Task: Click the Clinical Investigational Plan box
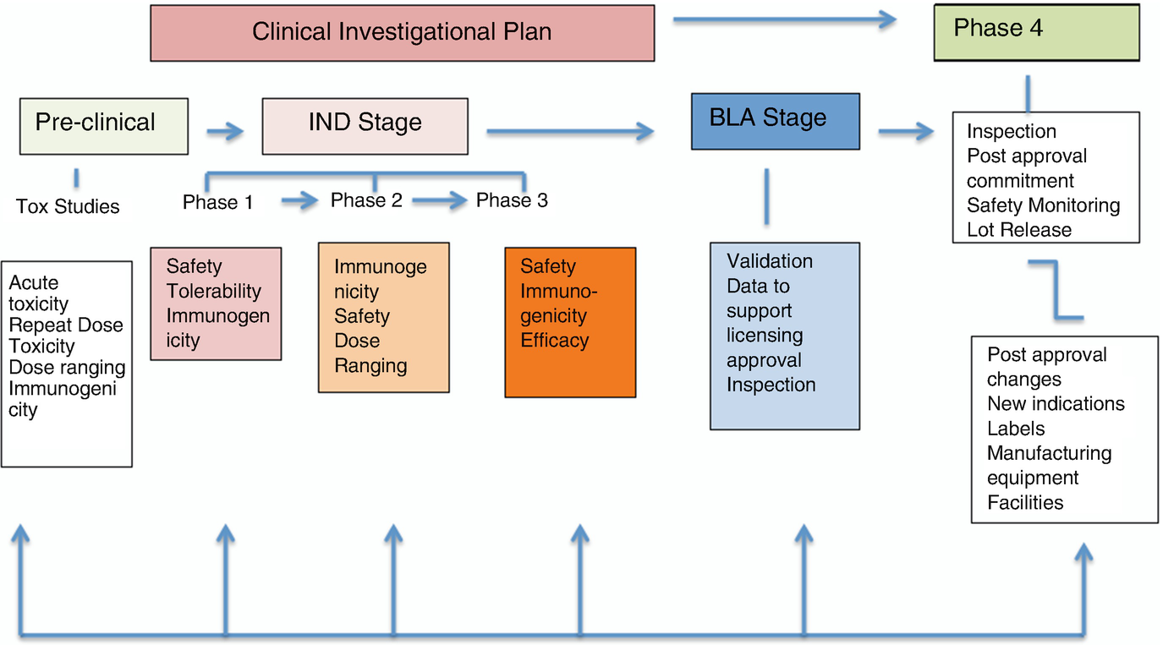(403, 33)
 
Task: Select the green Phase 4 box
(1036, 32)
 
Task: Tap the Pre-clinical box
(104, 126)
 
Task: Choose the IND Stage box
(365, 126)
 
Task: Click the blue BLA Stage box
(775, 122)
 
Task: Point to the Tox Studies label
(68, 206)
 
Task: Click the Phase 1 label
(217, 202)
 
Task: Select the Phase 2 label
(366, 200)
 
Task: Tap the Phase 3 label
(512, 200)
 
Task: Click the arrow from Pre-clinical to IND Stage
(225, 131)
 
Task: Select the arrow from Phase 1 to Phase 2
(299, 200)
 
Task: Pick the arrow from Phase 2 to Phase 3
(440, 200)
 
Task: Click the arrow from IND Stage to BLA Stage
(570, 131)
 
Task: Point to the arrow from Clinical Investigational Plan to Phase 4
(785, 19)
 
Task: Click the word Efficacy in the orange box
(555, 341)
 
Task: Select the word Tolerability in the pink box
(213, 291)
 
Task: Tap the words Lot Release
(1018, 230)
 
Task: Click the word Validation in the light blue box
(770, 261)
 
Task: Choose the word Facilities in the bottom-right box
(1025, 502)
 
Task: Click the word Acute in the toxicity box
(34, 283)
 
